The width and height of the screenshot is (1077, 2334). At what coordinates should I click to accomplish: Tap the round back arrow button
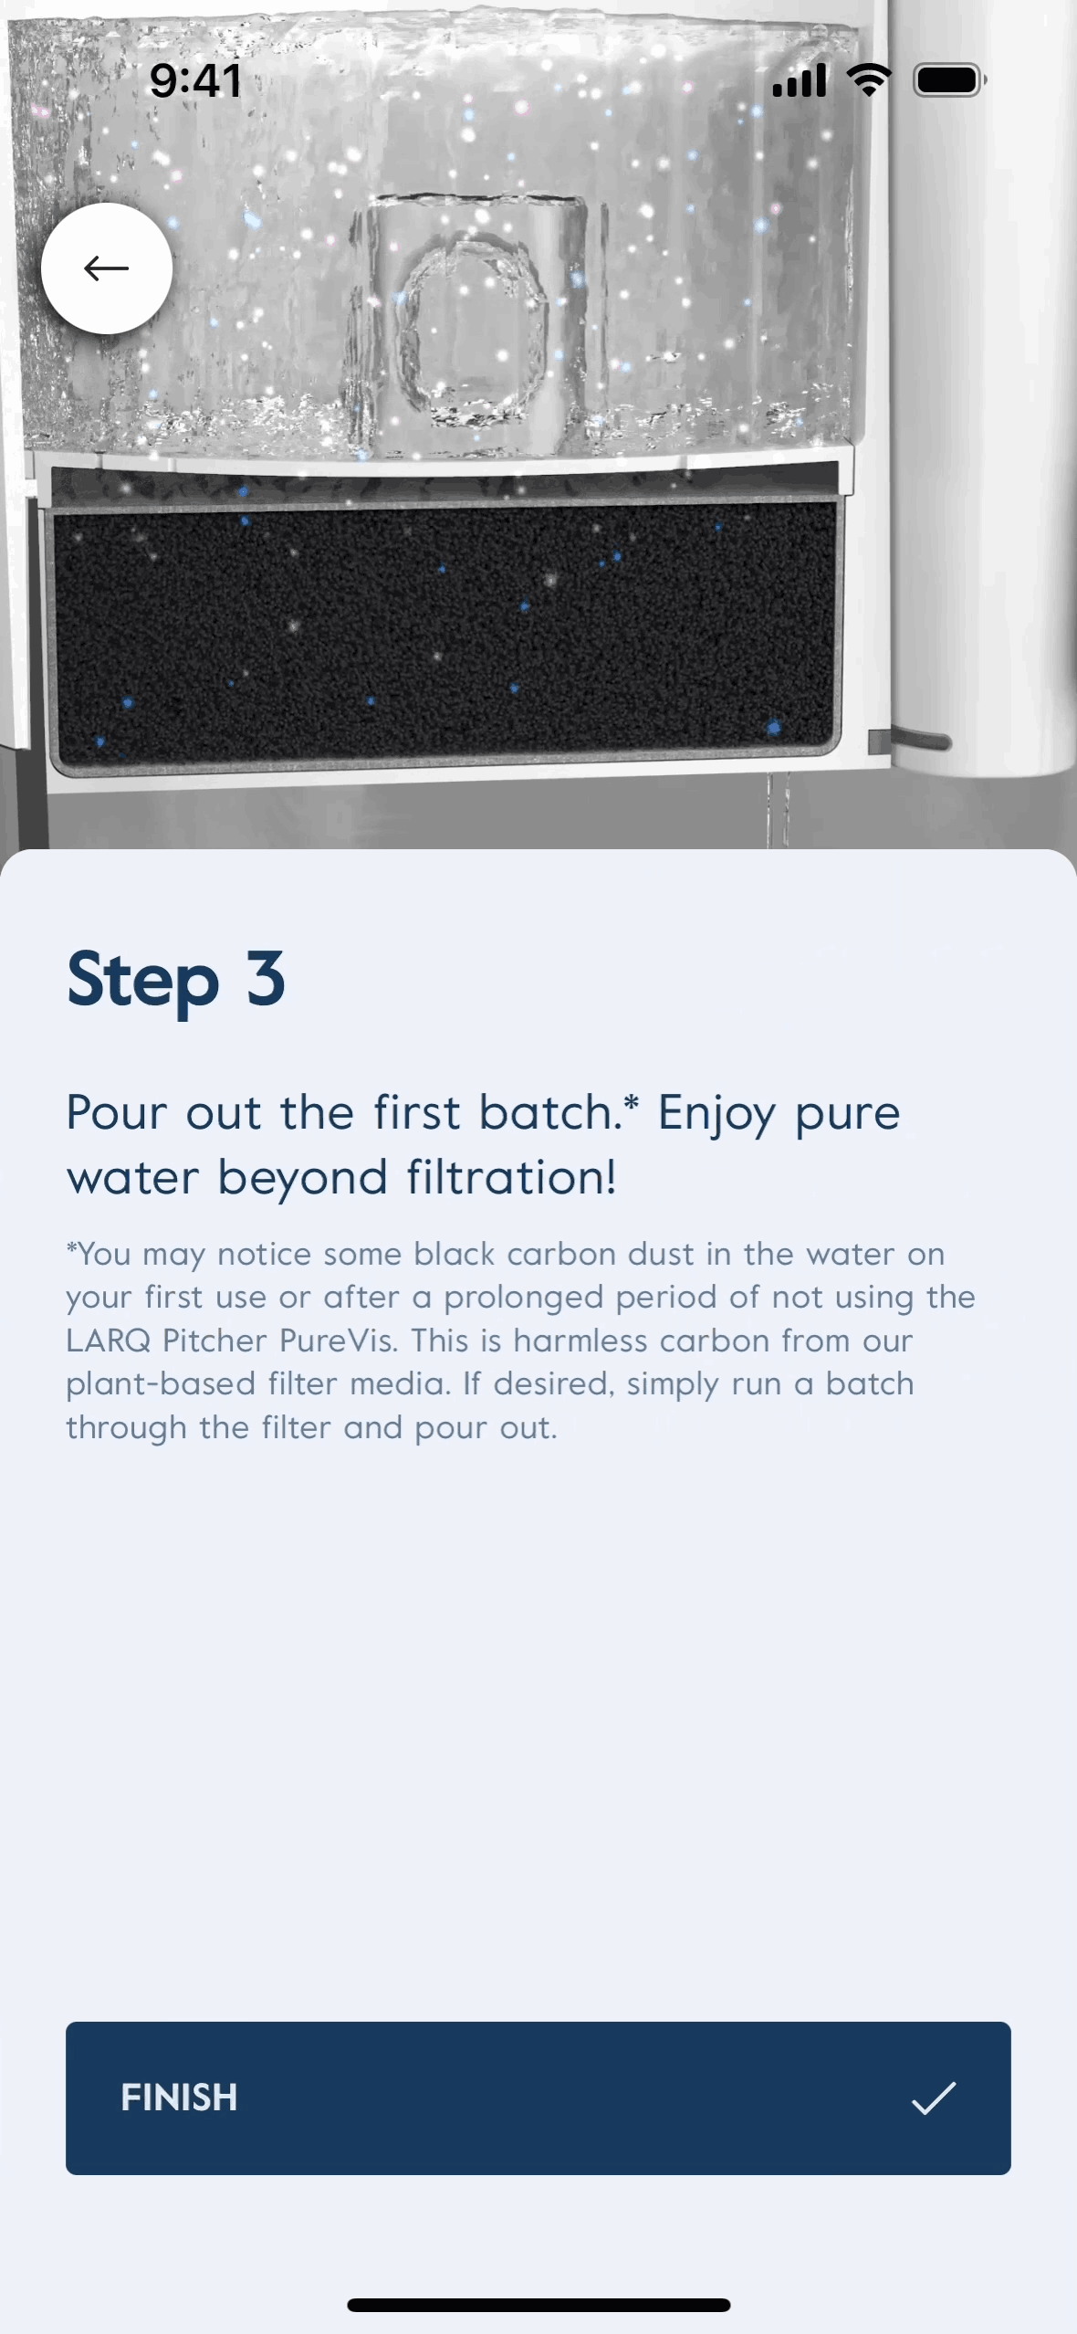click(x=107, y=268)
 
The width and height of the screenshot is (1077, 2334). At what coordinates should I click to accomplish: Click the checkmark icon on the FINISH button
click(x=934, y=2097)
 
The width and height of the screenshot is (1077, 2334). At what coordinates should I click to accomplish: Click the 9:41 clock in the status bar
click(x=195, y=80)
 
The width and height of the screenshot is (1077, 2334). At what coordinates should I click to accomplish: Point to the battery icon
click(x=950, y=80)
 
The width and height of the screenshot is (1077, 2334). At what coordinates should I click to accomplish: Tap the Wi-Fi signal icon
click(x=870, y=80)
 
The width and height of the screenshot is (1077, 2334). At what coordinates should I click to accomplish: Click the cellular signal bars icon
click(x=800, y=80)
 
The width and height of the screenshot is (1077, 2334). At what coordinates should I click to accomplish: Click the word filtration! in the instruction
click(x=512, y=1177)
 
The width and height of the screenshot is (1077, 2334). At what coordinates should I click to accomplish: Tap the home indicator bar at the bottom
click(x=538, y=2305)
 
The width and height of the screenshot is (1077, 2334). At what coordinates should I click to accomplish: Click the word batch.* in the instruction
click(x=559, y=1112)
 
